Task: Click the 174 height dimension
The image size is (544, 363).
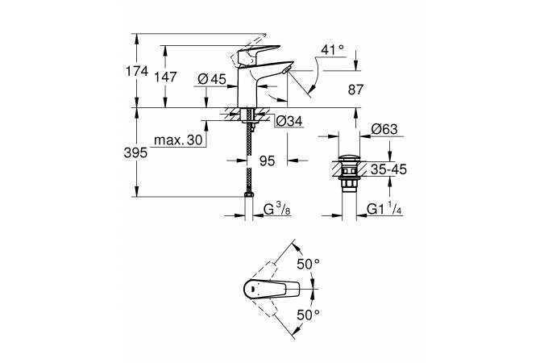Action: [x=137, y=71]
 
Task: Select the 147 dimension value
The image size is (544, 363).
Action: [x=166, y=77]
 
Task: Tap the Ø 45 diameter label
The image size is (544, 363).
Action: [x=212, y=79]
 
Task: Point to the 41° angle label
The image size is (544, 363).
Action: [x=333, y=50]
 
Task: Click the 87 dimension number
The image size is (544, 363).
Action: [x=355, y=90]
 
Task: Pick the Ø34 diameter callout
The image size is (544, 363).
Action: [x=289, y=121]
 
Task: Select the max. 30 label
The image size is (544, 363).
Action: [x=178, y=140]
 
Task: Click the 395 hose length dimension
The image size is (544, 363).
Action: [x=135, y=152]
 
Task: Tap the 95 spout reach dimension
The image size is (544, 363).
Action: [x=267, y=161]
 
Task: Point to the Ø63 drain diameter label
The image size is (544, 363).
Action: [x=384, y=129]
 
